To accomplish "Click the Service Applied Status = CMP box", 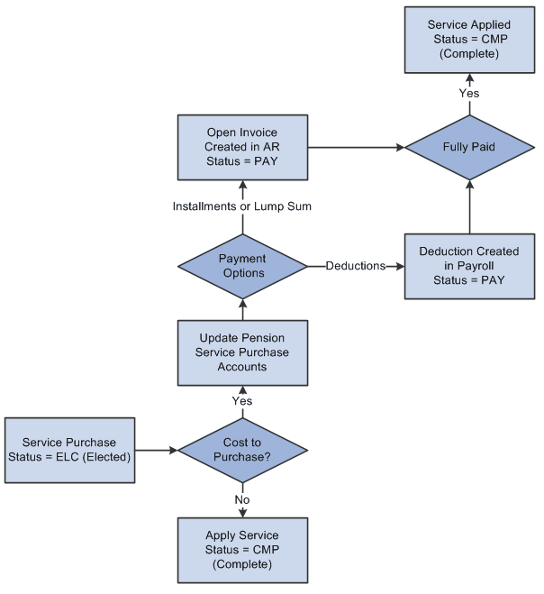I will pyautogui.click(x=469, y=40).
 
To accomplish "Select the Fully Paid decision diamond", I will pyautogui.click(x=469, y=147).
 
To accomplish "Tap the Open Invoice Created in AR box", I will pyautogui.click(x=242, y=147).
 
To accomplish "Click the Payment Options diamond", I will pyautogui.click(x=242, y=266).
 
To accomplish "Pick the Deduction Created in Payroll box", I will pyautogui.click(x=469, y=266).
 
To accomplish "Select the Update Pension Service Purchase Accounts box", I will pyautogui.click(x=242, y=353).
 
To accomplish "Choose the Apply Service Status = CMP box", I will pyautogui.click(x=242, y=549).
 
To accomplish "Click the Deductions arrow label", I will pyautogui.click(x=356, y=266).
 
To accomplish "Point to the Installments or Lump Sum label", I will pyautogui.click(x=242, y=207).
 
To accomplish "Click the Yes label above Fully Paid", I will pyautogui.click(x=469, y=93).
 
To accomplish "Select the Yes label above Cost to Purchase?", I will pyautogui.click(x=242, y=401).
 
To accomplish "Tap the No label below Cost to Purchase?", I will pyautogui.click(x=242, y=498).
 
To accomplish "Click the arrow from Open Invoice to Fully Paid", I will pyautogui.click(x=356, y=147).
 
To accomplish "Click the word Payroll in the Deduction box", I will pyautogui.click(x=483, y=266).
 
